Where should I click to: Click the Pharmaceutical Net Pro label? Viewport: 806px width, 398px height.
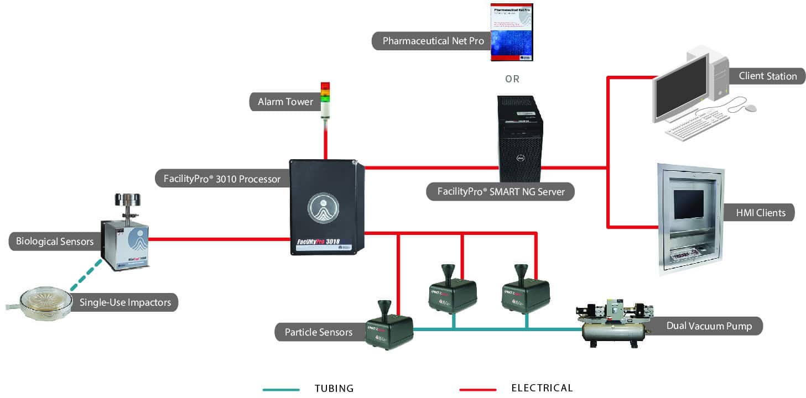coord(433,41)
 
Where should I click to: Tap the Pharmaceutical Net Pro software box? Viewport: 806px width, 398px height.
coord(512,32)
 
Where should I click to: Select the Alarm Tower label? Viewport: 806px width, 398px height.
coord(285,102)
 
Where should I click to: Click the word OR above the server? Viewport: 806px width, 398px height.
coord(512,79)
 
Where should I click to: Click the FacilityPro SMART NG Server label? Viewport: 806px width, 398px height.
coord(500,192)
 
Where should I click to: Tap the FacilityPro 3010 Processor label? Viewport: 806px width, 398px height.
coord(222,179)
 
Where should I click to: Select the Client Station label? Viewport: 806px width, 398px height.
coord(767,76)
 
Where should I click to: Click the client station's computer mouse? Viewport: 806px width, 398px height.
coord(749,108)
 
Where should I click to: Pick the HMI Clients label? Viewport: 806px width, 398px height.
coord(760,212)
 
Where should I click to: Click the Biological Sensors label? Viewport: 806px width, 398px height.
coord(54,242)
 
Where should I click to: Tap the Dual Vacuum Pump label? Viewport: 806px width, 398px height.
coord(709,326)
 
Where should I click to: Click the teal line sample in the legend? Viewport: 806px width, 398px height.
coord(280,389)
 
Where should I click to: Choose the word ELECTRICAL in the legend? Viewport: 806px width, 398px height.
coord(542,388)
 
